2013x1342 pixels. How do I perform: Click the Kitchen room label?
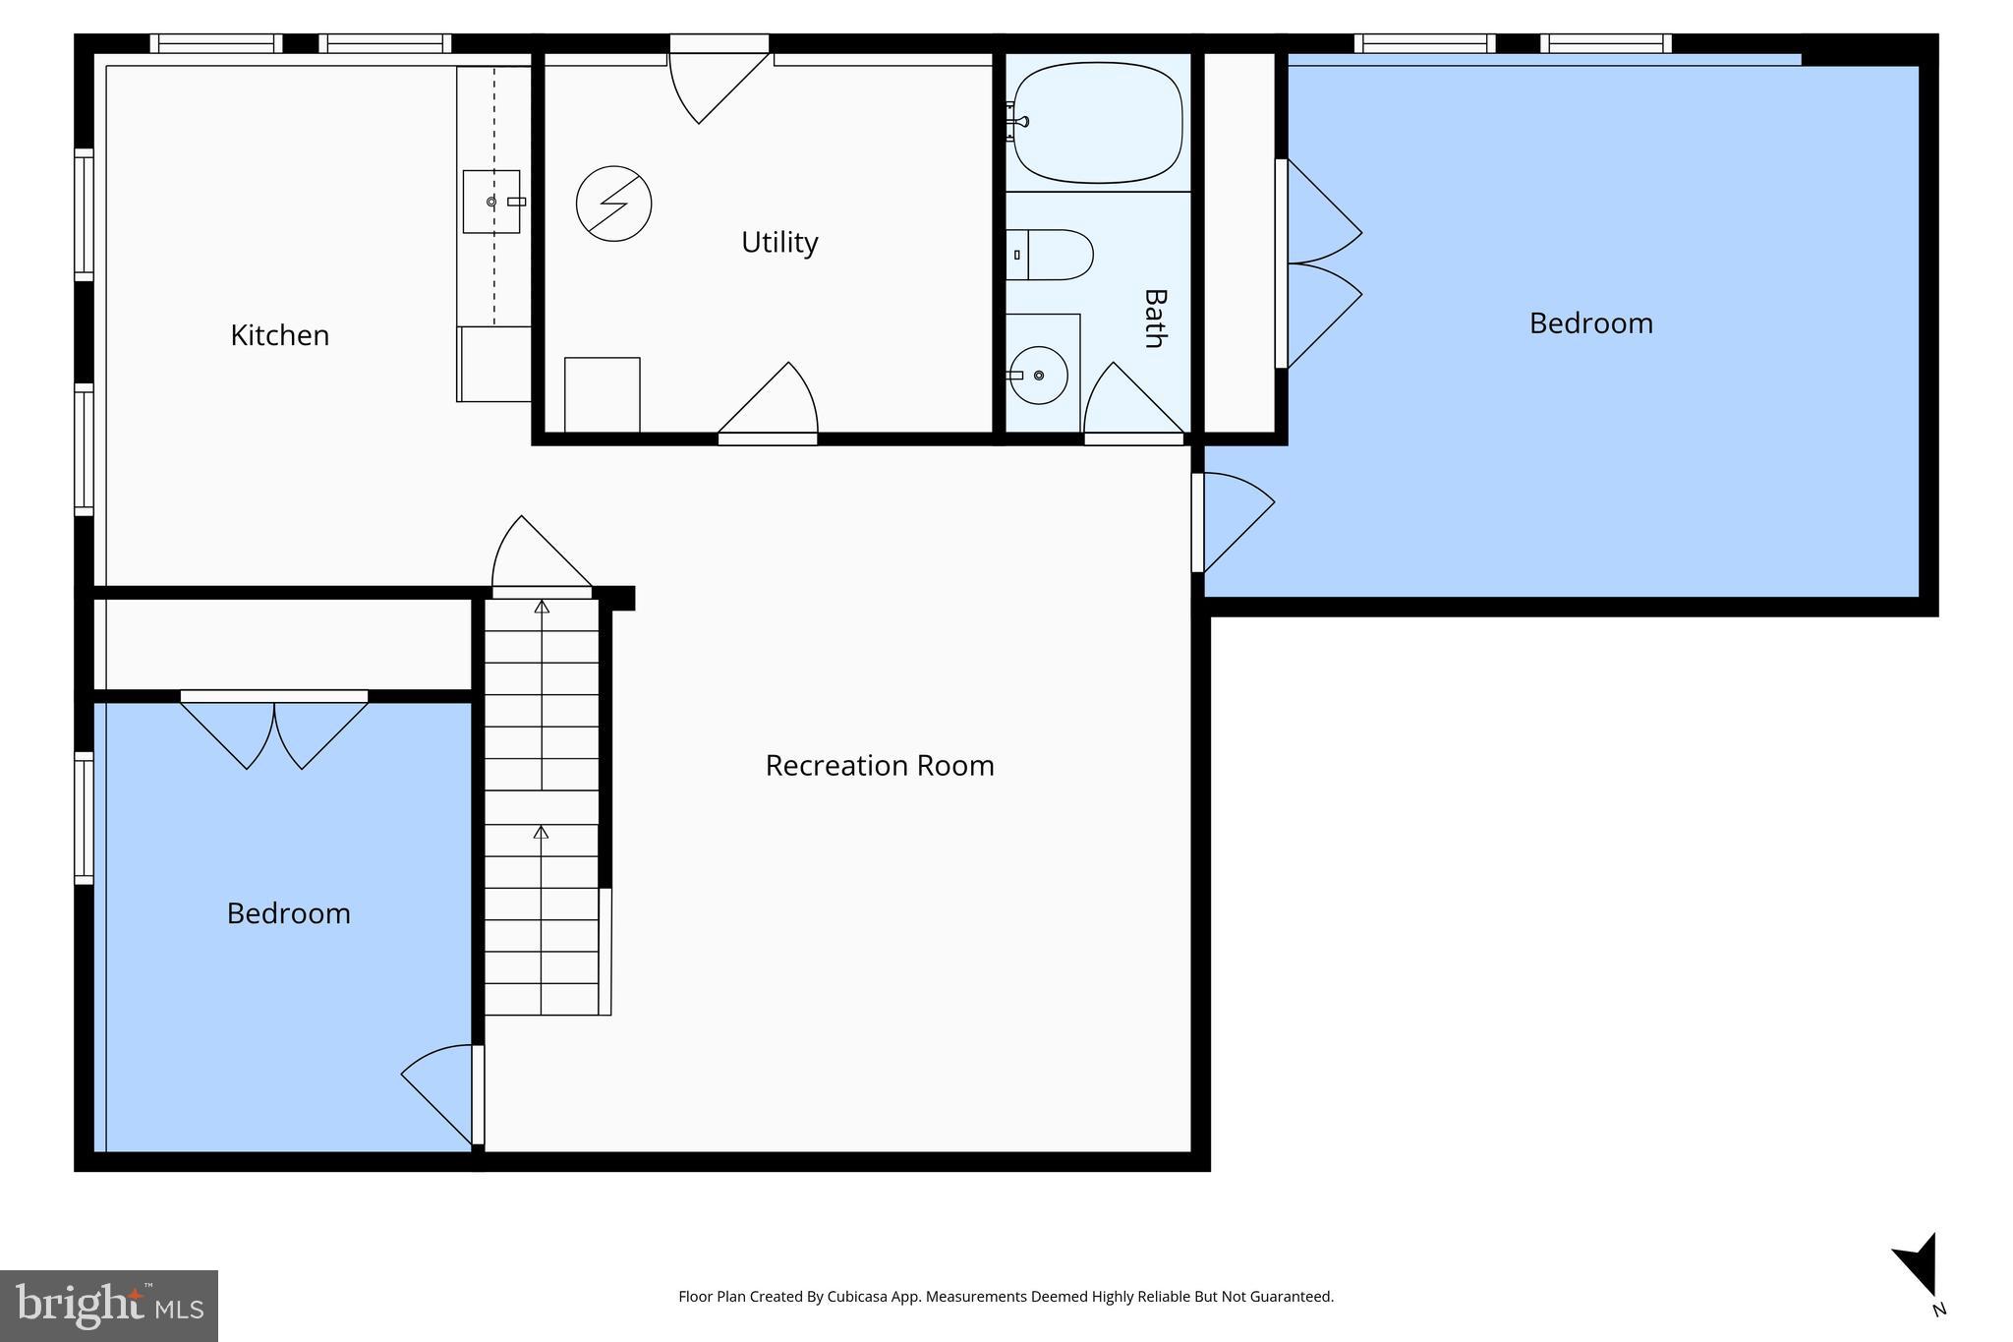click(279, 335)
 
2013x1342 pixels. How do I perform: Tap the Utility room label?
click(779, 242)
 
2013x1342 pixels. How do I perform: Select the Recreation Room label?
click(879, 765)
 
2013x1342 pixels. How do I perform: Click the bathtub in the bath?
click(1098, 123)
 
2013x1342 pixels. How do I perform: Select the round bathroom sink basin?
click(1039, 375)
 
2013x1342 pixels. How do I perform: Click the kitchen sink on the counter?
click(490, 202)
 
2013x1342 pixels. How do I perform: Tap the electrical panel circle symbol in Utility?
click(613, 204)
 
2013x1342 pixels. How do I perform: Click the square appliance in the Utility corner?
click(602, 394)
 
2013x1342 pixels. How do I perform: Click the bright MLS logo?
click(108, 1306)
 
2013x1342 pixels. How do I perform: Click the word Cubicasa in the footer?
click(851, 1297)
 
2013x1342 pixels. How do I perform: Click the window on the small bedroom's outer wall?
click(85, 818)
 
